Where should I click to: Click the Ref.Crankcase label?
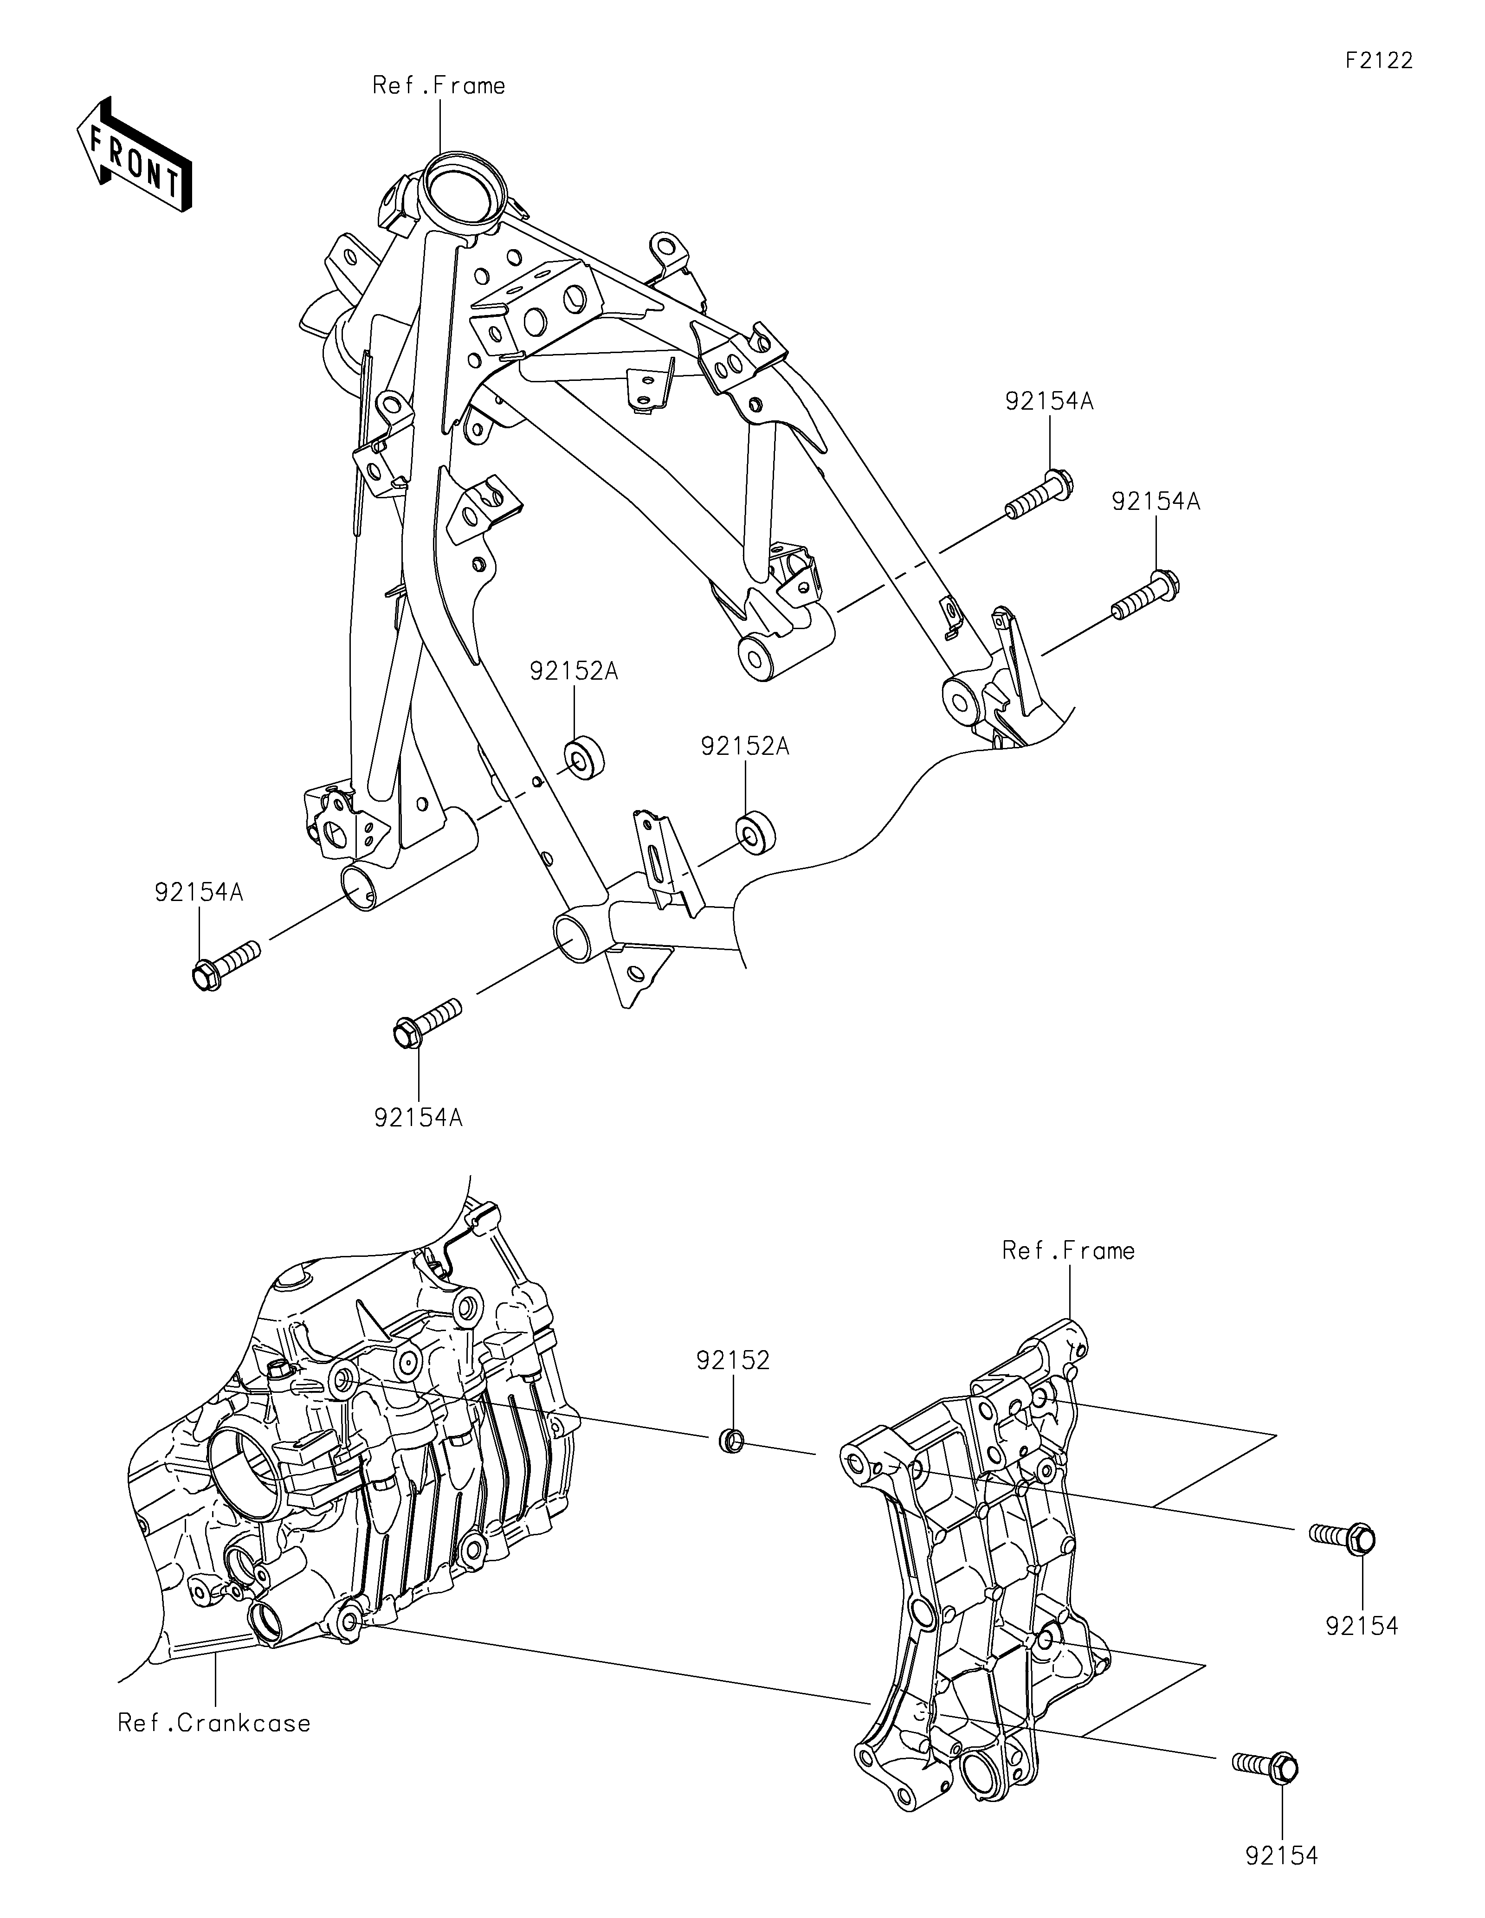[214, 1723]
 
